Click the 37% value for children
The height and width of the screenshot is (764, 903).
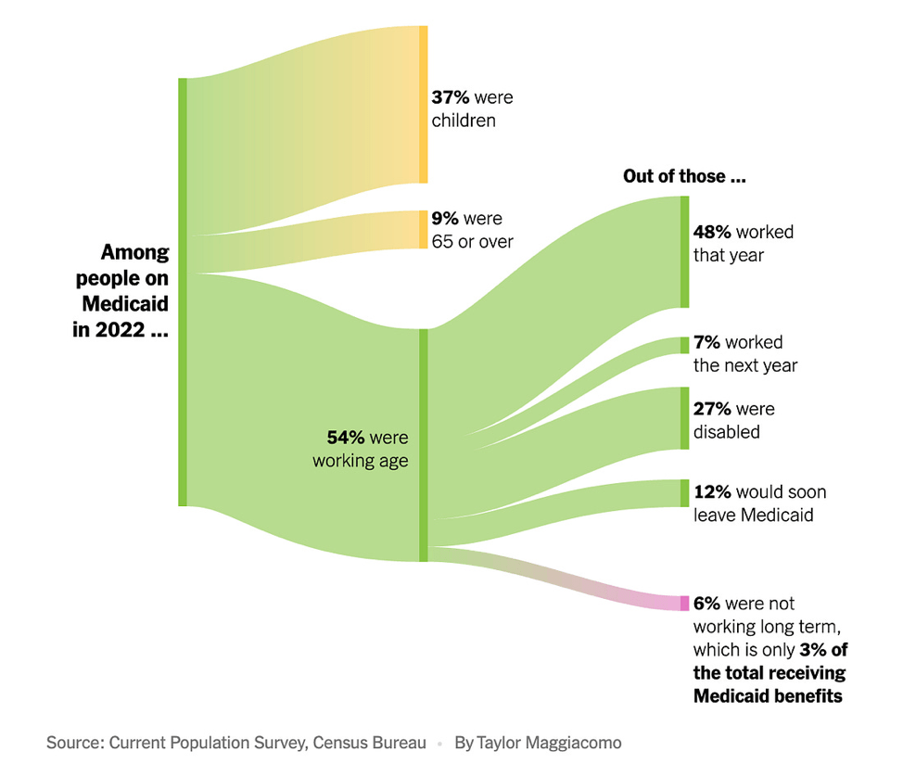pyautogui.click(x=450, y=97)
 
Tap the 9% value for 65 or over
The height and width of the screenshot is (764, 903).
pyautogui.click(x=445, y=219)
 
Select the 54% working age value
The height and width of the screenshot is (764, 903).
pyautogui.click(x=345, y=438)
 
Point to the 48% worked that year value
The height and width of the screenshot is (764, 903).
pyautogui.click(x=712, y=232)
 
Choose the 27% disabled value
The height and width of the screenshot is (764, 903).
pyautogui.click(x=712, y=409)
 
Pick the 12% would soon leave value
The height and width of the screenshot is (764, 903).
pyautogui.click(x=711, y=491)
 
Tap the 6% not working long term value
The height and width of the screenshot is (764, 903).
pyautogui.click(x=706, y=604)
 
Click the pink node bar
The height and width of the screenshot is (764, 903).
pyautogui.click(x=685, y=604)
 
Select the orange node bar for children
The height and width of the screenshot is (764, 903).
pyautogui.click(x=424, y=104)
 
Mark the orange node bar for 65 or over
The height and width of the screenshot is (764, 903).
pyautogui.click(x=424, y=230)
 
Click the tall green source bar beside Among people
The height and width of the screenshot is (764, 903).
pyautogui.click(x=183, y=292)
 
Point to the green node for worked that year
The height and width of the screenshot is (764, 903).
pyautogui.click(x=685, y=251)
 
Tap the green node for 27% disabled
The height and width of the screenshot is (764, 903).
pyautogui.click(x=685, y=418)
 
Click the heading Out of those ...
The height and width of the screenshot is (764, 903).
pyautogui.click(x=684, y=176)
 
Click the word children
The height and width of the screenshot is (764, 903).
pyautogui.click(x=464, y=121)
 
